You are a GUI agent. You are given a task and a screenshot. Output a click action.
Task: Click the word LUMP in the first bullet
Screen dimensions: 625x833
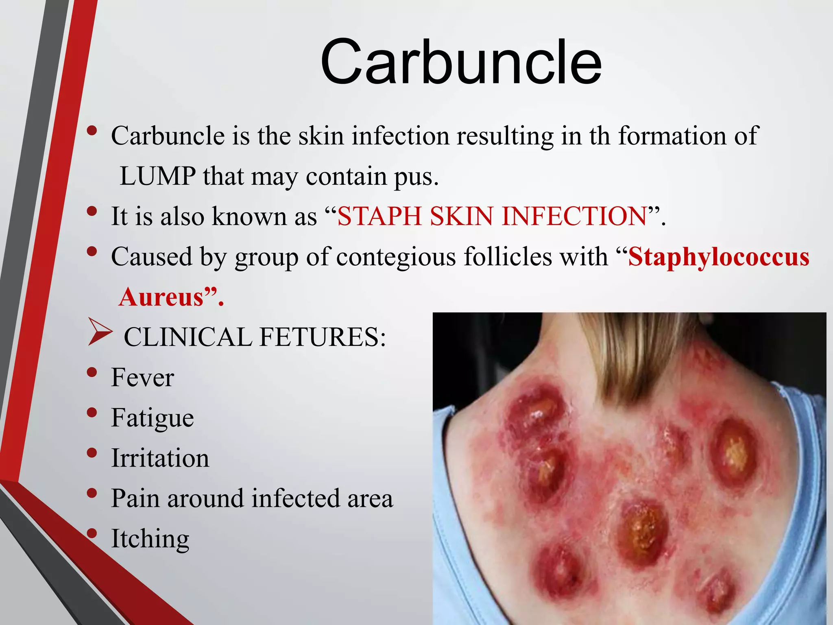pos(157,176)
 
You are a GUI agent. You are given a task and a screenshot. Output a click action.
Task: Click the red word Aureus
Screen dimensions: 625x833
pos(161,297)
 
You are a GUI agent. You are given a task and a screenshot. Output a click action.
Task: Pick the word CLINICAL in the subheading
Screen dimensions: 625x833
pos(188,337)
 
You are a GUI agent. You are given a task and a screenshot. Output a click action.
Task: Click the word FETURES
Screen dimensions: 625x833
pos(322,337)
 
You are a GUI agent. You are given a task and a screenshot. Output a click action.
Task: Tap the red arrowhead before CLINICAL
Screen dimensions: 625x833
pos(99,332)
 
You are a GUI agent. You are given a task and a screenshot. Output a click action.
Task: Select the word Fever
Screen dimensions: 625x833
pos(142,377)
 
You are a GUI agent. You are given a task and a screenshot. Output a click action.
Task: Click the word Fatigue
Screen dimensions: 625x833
pos(153,418)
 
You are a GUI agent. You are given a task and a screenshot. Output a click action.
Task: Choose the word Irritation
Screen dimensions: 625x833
pos(160,458)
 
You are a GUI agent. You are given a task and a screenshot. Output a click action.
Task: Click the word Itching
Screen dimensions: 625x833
pos(150,539)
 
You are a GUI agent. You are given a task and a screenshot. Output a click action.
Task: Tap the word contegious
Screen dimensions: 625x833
pos(396,257)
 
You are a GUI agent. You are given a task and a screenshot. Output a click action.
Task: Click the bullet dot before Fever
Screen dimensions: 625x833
pos(92,372)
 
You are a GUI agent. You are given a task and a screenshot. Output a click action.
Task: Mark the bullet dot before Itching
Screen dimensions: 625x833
pos(92,533)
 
